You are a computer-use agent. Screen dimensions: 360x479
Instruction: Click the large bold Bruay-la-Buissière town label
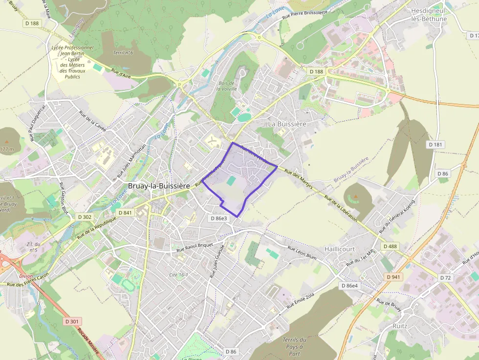(x=159, y=186)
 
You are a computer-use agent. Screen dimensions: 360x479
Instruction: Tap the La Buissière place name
(x=287, y=124)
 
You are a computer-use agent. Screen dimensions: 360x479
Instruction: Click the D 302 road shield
(x=85, y=217)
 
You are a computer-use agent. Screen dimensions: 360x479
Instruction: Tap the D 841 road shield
(x=126, y=212)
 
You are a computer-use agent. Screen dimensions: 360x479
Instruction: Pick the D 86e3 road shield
(x=218, y=218)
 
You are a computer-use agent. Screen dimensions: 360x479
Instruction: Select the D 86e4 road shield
(x=349, y=286)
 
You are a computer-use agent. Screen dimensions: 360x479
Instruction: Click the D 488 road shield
(x=390, y=246)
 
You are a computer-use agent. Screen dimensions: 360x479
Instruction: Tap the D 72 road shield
(x=445, y=277)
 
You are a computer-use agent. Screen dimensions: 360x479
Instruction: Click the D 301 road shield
(x=72, y=321)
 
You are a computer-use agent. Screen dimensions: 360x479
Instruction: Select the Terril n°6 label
(x=123, y=53)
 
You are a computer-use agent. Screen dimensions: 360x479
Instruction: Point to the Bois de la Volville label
(x=226, y=85)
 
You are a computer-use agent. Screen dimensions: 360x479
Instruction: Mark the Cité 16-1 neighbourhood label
(x=178, y=275)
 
